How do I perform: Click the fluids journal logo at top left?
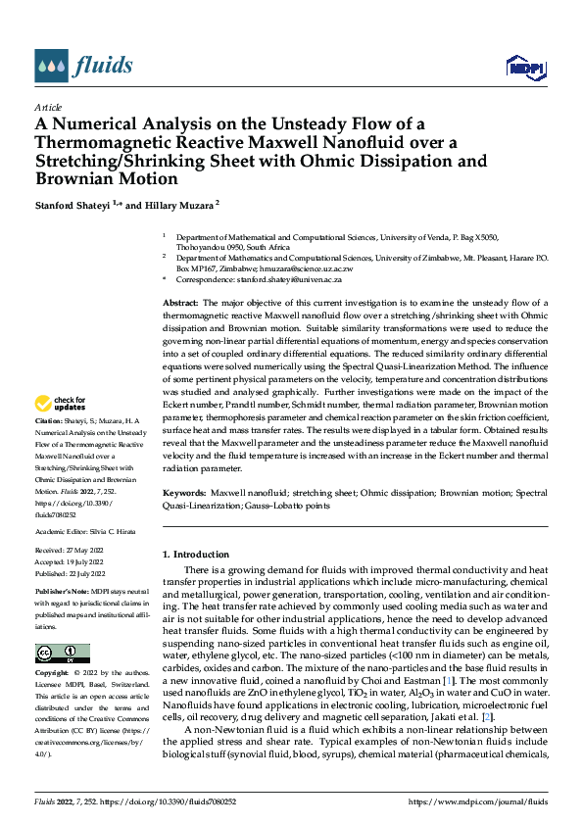click(x=83, y=66)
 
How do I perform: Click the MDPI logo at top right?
click(x=523, y=66)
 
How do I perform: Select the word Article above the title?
click(x=48, y=107)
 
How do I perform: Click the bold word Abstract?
click(x=181, y=305)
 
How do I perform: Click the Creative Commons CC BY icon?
click(x=62, y=653)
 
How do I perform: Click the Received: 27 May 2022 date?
click(x=70, y=551)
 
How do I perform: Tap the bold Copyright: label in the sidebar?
click(x=53, y=673)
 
